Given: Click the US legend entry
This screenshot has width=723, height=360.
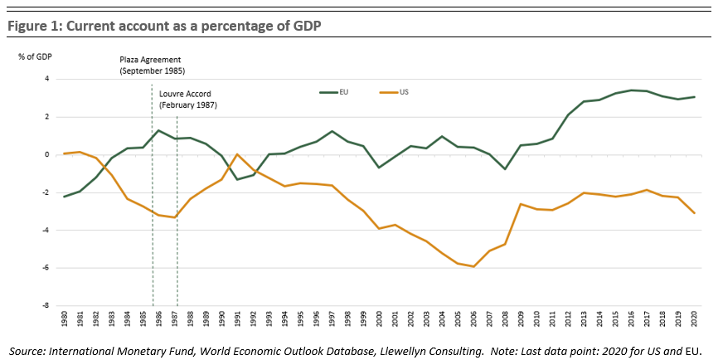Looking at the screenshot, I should [x=404, y=93].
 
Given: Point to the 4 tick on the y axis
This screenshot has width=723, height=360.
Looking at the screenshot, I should [x=46, y=80].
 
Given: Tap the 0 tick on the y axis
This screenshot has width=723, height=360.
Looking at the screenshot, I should [x=47, y=155].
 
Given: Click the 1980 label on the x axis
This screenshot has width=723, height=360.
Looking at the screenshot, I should [x=64, y=319].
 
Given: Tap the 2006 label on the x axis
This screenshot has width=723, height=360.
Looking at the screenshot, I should [x=473, y=319].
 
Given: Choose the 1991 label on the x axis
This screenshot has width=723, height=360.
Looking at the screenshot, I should [x=237, y=319].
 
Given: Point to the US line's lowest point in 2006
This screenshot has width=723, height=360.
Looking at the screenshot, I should [x=473, y=266].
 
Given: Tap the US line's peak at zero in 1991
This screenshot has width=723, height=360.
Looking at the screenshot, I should [x=237, y=154].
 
